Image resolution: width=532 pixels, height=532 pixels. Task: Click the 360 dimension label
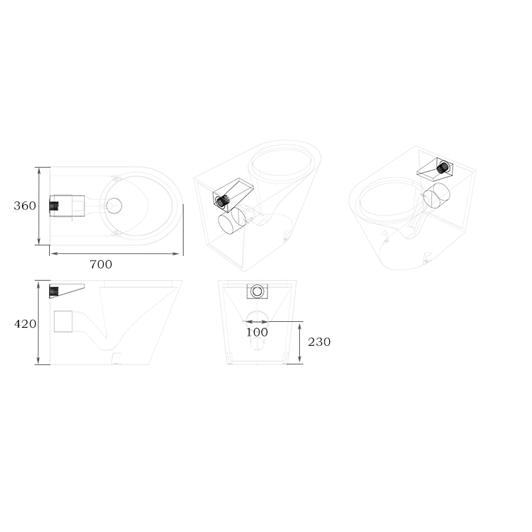point(25,206)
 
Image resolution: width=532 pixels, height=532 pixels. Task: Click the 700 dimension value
point(101,265)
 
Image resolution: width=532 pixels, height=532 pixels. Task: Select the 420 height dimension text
point(25,324)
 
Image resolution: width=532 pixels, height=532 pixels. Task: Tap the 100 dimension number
point(257,332)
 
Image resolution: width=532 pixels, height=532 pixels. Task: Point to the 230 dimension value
point(319,342)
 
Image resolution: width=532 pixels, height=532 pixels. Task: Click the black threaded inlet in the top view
point(54,205)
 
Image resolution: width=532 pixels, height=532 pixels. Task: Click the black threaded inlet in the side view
point(55,291)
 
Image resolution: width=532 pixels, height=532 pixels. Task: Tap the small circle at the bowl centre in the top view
point(114,205)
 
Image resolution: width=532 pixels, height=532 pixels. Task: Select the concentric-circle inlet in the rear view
point(257,291)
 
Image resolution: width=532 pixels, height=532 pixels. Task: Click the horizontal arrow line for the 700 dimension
point(116,253)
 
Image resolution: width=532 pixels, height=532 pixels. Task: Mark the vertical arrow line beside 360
point(41,205)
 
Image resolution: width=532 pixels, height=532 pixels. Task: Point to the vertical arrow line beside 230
point(301,342)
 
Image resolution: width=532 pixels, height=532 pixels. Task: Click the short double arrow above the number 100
point(257,322)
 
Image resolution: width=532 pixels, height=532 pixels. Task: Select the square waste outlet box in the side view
point(64,321)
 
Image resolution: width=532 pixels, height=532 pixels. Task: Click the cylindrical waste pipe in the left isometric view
point(231,222)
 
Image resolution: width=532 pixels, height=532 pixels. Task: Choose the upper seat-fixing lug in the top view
point(115,178)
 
